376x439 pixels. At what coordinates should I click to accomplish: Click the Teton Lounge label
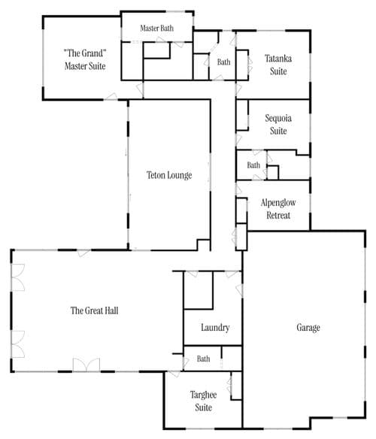pos(169,175)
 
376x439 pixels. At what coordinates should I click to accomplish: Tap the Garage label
pos(308,327)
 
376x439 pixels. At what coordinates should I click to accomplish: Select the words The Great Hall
pos(94,310)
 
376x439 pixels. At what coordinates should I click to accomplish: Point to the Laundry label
pos(215,327)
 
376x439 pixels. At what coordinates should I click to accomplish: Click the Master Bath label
pos(156,28)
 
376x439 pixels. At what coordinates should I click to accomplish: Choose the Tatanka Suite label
pos(278,65)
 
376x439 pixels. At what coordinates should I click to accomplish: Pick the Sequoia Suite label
pos(278,124)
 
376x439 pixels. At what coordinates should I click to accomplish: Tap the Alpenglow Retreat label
pos(278,209)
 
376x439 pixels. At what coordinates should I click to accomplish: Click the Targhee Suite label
pos(203,401)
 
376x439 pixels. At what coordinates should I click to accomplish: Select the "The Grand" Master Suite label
pos(85,59)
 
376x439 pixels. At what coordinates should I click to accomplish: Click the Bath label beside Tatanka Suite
pos(223,62)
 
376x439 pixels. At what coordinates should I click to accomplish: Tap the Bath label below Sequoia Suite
pos(253,165)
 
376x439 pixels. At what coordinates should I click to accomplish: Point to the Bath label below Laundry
pos(203,359)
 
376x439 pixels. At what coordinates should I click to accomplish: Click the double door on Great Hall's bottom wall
pos(86,365)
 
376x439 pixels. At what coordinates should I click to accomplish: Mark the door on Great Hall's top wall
pos(83,253)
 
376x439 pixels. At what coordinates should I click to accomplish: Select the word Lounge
pos(180,176)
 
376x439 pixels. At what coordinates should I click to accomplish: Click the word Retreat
pos(278,215)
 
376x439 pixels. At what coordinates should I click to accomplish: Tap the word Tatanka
pos(278,59)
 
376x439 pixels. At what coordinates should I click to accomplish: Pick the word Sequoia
pos(278,119)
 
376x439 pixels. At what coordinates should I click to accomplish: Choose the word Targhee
pos(203,395)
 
